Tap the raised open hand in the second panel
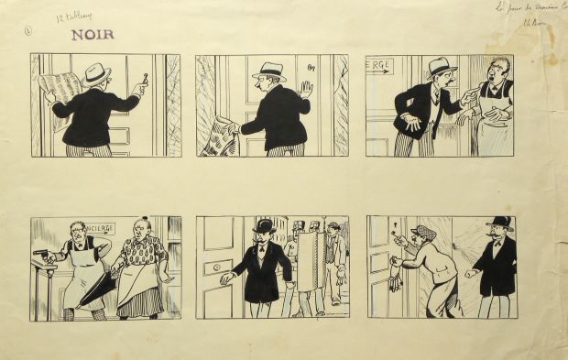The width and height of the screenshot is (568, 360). coord(306,90)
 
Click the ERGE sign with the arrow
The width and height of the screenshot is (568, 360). coord(379,66)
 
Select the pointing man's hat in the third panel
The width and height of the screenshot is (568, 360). coord(441,66)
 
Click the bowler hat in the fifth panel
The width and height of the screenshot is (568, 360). coord(265,225)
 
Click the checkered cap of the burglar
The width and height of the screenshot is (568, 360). coord(422,231)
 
